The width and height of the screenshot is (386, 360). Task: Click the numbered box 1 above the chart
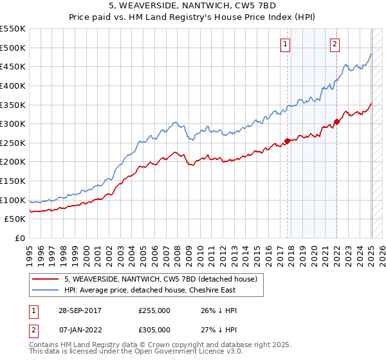point(285,44)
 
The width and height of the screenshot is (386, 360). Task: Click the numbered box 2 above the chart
point(335,44)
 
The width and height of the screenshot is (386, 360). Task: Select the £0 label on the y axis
point(19,238)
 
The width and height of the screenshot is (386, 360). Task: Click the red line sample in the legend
point(45,279)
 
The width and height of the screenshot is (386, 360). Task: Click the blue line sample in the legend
point(45,290)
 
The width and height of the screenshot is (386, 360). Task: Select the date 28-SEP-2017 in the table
point(91,310)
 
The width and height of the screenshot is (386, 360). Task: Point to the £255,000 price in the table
point(154,310)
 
